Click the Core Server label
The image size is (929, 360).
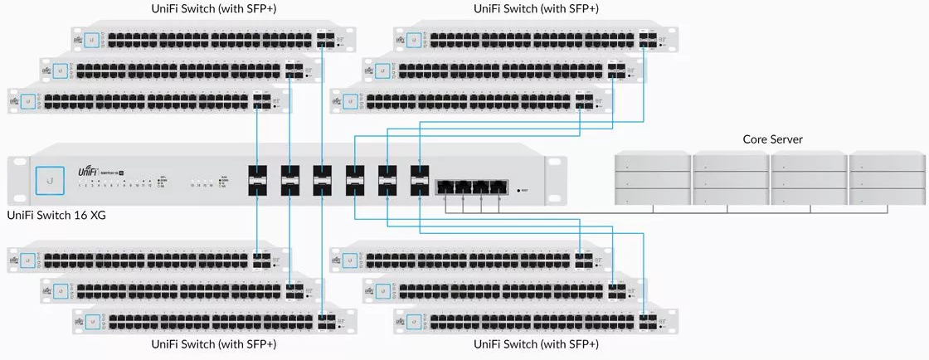click(772, 139)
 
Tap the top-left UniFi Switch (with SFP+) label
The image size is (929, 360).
click(213, 10)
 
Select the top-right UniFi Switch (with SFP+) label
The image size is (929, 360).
click(536, 10)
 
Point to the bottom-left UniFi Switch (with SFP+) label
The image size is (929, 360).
click(213, 343)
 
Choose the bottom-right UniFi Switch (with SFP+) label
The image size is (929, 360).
click(536, 343)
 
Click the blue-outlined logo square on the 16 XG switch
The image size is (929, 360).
click(51, 180)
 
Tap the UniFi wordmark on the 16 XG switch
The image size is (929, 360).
click(90, 171)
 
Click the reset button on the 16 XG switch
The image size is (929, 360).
click(519, 191)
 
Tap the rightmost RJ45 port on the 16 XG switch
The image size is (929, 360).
click(499, 187)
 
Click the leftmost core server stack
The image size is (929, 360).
click(652, 179)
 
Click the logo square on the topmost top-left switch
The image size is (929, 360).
click(92, 39)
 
